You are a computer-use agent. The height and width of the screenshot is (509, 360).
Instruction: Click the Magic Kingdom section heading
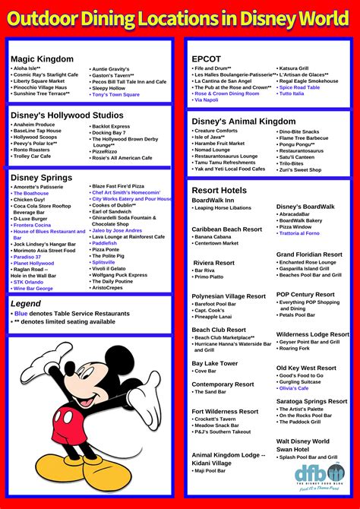pyautogui.click(x=42, y=58)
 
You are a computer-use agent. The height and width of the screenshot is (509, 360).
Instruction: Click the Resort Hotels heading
pyautogui.click(x=219, y=190)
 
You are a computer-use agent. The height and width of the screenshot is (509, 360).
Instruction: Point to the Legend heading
pyautogui.click(x=26, y=303)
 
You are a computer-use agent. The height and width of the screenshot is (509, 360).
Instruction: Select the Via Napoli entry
pyautogui.click(x=207, y=100)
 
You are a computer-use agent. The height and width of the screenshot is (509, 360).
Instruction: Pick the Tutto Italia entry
pyautogui.click(x=292, y=93)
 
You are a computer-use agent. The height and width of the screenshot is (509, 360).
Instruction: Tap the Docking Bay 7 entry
pyautogui.click(x=109, y=133)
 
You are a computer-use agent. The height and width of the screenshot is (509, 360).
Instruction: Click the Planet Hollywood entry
pyautogui.click(x=34, y=263)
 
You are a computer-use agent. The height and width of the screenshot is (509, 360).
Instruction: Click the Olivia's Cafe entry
pyautogui.click(x=293, y=388)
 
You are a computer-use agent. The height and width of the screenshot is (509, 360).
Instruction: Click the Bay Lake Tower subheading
pyautogui.click(x=215, y=363)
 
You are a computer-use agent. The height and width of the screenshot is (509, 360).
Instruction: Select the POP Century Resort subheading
pyautogui.click(x=305, y=294)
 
